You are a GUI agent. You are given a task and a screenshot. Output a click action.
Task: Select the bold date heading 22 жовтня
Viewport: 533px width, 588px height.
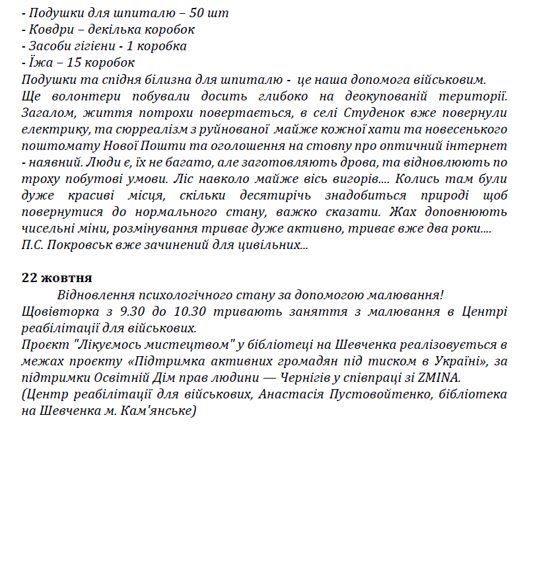tap(57, 277)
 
